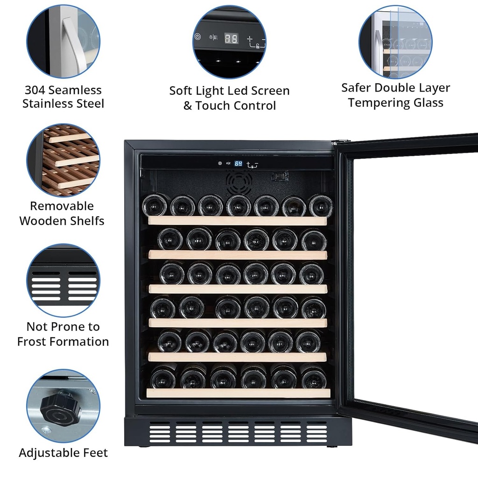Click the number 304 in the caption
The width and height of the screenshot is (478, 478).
35,90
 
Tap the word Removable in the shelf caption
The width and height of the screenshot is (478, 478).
62,206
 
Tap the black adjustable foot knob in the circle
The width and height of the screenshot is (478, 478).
60,407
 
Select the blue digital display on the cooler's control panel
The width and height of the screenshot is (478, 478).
239,164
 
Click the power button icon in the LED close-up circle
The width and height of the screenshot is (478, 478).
197,37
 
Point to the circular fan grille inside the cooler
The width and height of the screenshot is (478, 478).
239,182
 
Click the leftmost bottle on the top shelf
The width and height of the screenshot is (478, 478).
155,205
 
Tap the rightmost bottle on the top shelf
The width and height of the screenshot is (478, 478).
321,206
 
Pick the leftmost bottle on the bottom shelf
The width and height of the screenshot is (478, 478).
163,377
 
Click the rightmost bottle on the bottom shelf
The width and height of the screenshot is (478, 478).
313,377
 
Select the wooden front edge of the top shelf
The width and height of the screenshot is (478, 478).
238,221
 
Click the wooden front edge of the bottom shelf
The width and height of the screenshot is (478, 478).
239,393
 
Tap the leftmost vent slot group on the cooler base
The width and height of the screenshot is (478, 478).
160,432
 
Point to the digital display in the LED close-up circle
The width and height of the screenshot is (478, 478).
231,38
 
